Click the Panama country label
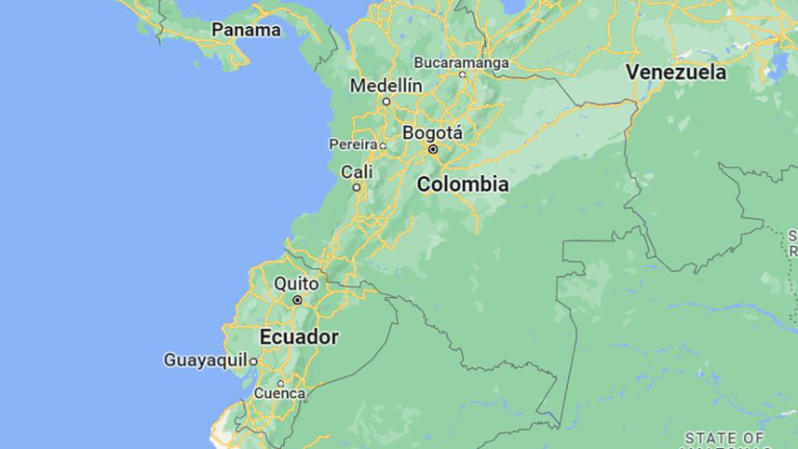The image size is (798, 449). coord(246,30)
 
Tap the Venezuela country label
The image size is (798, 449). coord(675,72)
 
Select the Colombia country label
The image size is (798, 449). coord(463,184)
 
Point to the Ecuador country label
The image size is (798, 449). coord(299,336)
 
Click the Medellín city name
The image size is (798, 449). coord(386,86)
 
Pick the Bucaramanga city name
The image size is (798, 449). coord(462,62)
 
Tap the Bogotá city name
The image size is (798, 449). coord(432,133)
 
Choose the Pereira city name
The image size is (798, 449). coord(354,144)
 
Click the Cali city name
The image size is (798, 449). coord(357,171)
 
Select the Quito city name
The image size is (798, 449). coord(297,283)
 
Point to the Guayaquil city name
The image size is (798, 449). coord(205,360)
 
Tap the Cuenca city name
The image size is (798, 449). coord(279,394)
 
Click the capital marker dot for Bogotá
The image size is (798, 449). coord(433,149)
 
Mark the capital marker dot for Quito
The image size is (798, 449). coord(297,300)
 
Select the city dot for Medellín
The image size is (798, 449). coord(386,101)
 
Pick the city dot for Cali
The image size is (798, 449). coord(356,187)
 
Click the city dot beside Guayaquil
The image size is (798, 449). coord(252,361)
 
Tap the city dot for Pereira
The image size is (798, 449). coord(383,145)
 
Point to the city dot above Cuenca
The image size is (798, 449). coord(280,382)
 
